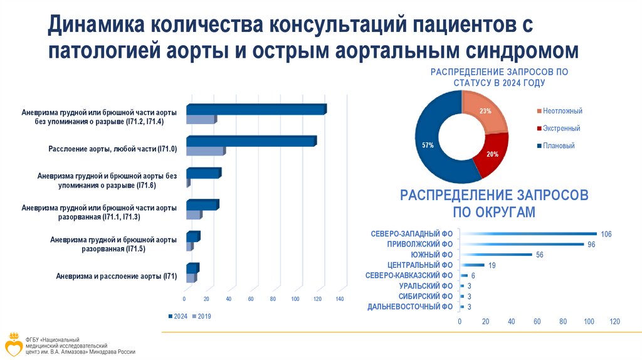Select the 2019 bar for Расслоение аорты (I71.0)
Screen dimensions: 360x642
[x=204, y=151]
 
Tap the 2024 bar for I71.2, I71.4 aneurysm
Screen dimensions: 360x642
[x=256, y=110]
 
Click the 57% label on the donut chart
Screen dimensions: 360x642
[x=428, y=146]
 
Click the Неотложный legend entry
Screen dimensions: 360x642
[x=562, y=111]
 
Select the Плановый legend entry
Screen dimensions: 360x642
[x=559, y=146]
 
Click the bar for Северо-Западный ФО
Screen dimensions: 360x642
[x=528, y=234]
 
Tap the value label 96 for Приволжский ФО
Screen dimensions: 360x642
[x=591, y=245]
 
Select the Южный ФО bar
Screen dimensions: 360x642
[x=496, y=255]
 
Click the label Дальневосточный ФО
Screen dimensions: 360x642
[x=410, y=307]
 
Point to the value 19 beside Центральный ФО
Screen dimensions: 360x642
[x=492, y=265]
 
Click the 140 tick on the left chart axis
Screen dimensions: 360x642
[x=340, y=299]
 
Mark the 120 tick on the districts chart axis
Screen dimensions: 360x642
[x=614, y=321]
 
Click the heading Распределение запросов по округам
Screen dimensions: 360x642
[x=494, y=203]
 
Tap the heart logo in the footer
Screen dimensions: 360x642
[x=14, y=344]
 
